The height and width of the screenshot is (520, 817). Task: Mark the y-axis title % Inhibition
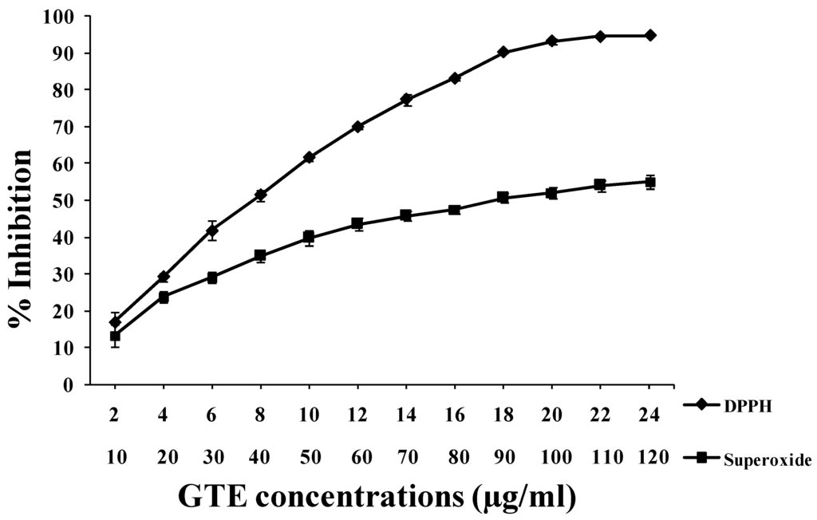(20, 238)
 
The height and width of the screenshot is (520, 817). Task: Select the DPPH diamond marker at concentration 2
(115, 322)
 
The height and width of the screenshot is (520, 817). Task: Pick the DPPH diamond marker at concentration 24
(650, 35)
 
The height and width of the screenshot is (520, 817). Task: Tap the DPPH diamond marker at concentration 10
(309, 158)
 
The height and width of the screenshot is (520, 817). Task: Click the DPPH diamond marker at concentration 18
(503, 52)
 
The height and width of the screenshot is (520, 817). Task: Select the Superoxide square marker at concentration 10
(115, 337)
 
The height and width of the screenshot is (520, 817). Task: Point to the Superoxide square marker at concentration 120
(650, 182)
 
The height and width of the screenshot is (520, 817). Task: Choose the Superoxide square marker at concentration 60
(357, 224)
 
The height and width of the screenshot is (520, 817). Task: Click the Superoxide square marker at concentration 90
(503, 197)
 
